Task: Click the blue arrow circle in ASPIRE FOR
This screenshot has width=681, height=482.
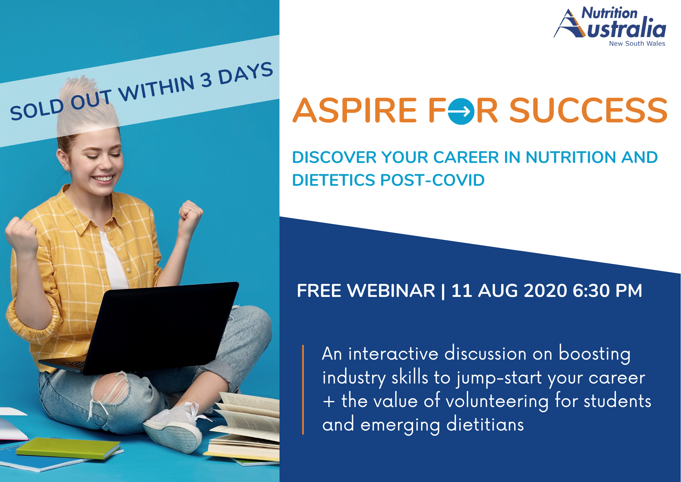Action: point(461,111)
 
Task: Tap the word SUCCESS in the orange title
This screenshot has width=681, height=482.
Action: point(588,110)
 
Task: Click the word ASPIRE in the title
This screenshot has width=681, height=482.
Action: point(355,110)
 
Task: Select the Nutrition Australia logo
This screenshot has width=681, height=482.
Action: point(609,26)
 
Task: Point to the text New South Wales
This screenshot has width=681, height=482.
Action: point(637,44)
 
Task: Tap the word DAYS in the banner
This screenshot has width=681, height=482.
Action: point(246,73)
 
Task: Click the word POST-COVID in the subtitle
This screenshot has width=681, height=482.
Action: point(432,180)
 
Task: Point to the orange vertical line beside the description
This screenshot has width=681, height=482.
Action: point(303,390)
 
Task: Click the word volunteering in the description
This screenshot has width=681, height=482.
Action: point(497,401)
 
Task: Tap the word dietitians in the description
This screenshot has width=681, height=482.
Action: point(485,424)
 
